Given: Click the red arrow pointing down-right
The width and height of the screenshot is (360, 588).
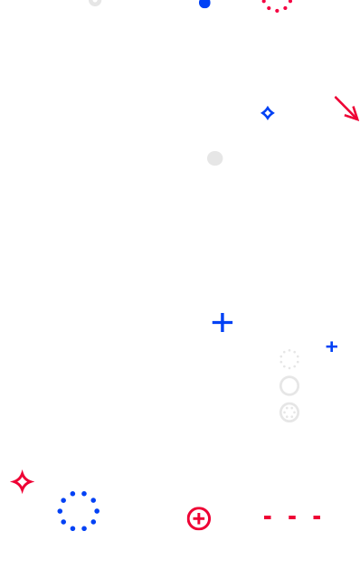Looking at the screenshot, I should coord(346,108).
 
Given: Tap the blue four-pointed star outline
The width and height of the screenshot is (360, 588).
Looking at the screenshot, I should coord(268,113).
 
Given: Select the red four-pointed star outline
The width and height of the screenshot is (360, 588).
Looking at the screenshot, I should coord(23,482).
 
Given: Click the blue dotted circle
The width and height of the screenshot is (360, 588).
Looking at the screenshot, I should coord(79,511).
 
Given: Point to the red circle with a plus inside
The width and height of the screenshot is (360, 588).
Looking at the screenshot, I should coord(199,518).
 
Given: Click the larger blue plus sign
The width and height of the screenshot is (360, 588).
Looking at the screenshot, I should coord(223,322).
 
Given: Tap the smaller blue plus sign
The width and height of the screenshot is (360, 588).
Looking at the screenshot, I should coord(331,346).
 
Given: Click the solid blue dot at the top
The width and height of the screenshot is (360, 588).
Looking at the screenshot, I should coord(205,3).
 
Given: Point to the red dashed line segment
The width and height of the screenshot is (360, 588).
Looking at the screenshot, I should coord(292,517).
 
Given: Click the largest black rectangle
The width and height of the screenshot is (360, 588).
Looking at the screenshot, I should coord(272,244).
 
